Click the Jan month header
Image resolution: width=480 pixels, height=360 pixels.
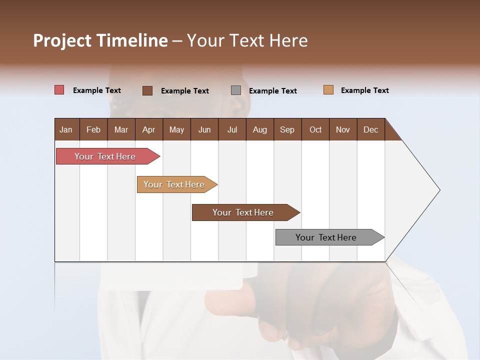(x=66, y=129)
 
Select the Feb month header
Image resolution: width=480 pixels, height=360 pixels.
(x=93, y=129)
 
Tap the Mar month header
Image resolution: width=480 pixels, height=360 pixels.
(x=121, y=129)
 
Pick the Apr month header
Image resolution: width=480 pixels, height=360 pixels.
(x=149, y=129)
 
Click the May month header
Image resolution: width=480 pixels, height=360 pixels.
(x=176, y=129)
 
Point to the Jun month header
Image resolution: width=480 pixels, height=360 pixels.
(x=204, y=129)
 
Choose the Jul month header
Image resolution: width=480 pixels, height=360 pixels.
(x=232, y=129)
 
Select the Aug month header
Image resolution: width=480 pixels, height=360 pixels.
(x=260, y=129)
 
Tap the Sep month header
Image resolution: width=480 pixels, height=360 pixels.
(x=287, y=129)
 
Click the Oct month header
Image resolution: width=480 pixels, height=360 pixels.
(x=315, y=129)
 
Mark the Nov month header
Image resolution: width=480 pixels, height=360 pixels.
(x=343, y=129)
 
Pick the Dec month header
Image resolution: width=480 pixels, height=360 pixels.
(x=371, y=129)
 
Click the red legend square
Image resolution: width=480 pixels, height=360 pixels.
(x=59, y=90)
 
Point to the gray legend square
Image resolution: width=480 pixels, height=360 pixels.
(x=236, y=90)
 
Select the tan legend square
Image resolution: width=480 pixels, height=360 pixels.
(x=328, y=90)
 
